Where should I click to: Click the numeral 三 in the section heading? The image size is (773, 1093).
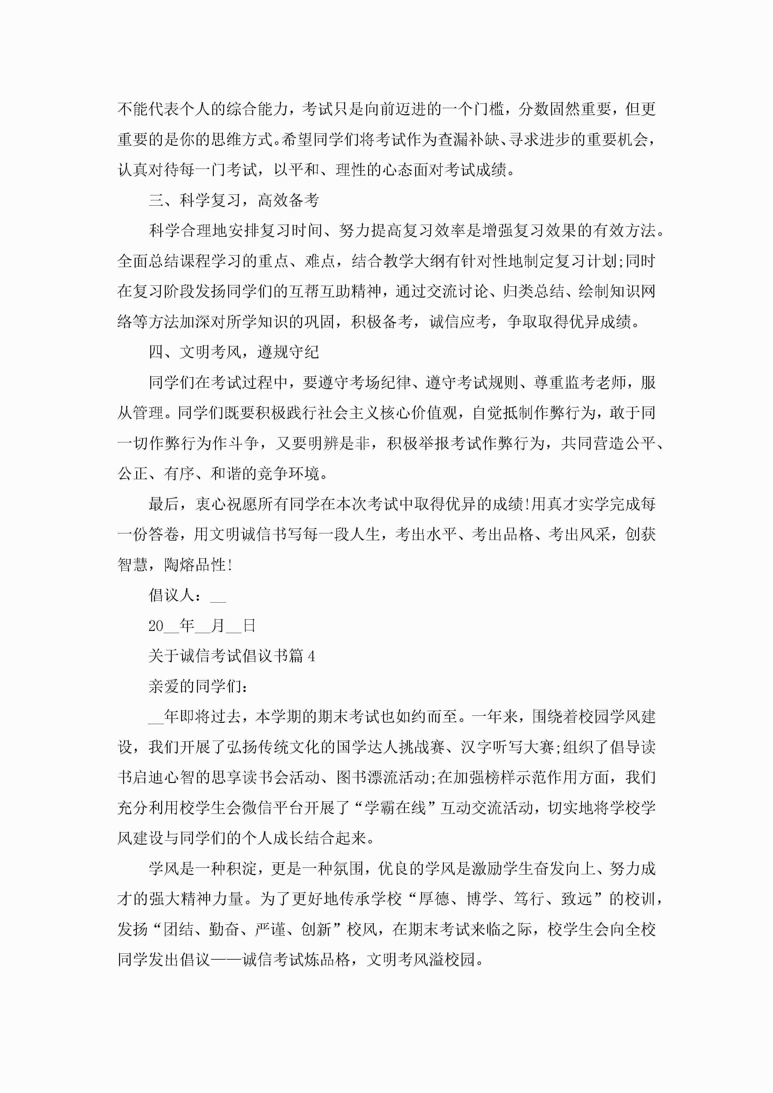click(x=156, y=200)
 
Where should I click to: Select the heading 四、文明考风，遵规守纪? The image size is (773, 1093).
click(x=233, y=352)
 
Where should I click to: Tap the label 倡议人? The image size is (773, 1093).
click(x=171, y=595)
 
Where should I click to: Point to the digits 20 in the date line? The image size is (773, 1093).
click(x=156, y=626)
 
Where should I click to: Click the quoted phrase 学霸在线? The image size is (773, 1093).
click(x=395, y=808)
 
